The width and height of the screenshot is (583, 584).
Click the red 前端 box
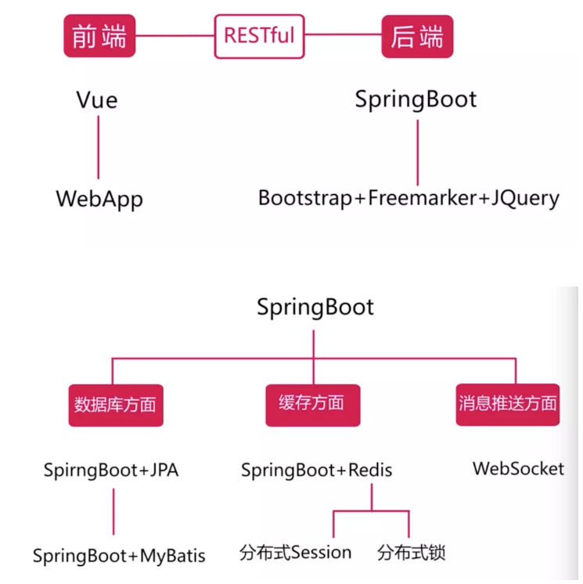click(x=99, y=35)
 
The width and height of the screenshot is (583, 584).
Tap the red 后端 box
click(x=416, y=35)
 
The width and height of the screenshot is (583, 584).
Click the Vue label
click(x=98, y=100)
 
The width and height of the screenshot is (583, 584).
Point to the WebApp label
click(x=99, y=198)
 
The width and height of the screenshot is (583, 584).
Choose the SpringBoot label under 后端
click(x=416, y=100)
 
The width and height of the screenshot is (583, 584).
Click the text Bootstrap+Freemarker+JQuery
click(x=408, y=198)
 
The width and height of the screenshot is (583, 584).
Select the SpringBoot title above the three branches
click(x=315, y=306)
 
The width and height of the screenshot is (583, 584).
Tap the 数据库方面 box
click(x=115, y=404)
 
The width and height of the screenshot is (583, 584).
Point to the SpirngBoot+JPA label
click(x=111, y=470)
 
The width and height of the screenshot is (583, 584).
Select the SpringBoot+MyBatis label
click(x=119, y=556)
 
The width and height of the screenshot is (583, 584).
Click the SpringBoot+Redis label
click(x=316, y=470)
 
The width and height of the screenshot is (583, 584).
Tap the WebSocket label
click(x=518, y=469)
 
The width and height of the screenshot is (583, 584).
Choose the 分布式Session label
click(x=295, y=553)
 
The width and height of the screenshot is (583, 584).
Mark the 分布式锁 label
click(x=411, y=553)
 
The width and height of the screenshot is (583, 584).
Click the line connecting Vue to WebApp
click(x=99, y=149)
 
